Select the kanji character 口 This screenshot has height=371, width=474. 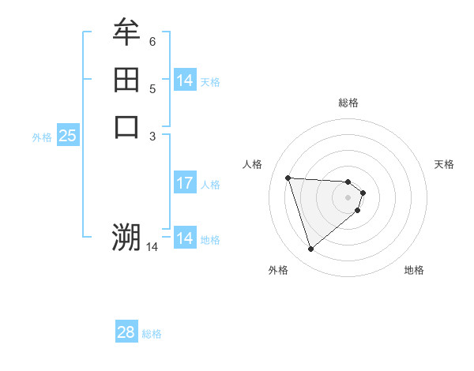coord(126,126)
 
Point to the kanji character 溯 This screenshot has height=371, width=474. coord(126,236)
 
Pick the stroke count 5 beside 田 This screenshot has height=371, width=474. coord(152,89)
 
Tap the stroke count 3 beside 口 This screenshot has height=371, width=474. coord(152,136)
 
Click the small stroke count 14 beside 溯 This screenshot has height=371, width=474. coord(152,247)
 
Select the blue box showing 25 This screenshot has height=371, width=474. coord(68,136)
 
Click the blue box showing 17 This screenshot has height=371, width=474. coord(185,183)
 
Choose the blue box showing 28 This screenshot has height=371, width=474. coord(126,332)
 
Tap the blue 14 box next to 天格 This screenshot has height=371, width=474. coord(185,81)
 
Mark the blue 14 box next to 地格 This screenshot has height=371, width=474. coord(185,238)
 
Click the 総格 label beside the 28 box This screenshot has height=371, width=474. coord(152,334)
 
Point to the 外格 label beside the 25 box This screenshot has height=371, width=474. coord(42,137)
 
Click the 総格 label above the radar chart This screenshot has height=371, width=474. coord(348,103)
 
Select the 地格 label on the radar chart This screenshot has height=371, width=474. coord(414,270)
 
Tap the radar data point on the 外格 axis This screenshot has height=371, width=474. coord(311,249)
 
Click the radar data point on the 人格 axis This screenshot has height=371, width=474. coord(288,178)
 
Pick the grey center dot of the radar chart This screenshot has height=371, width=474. coord(348,197)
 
